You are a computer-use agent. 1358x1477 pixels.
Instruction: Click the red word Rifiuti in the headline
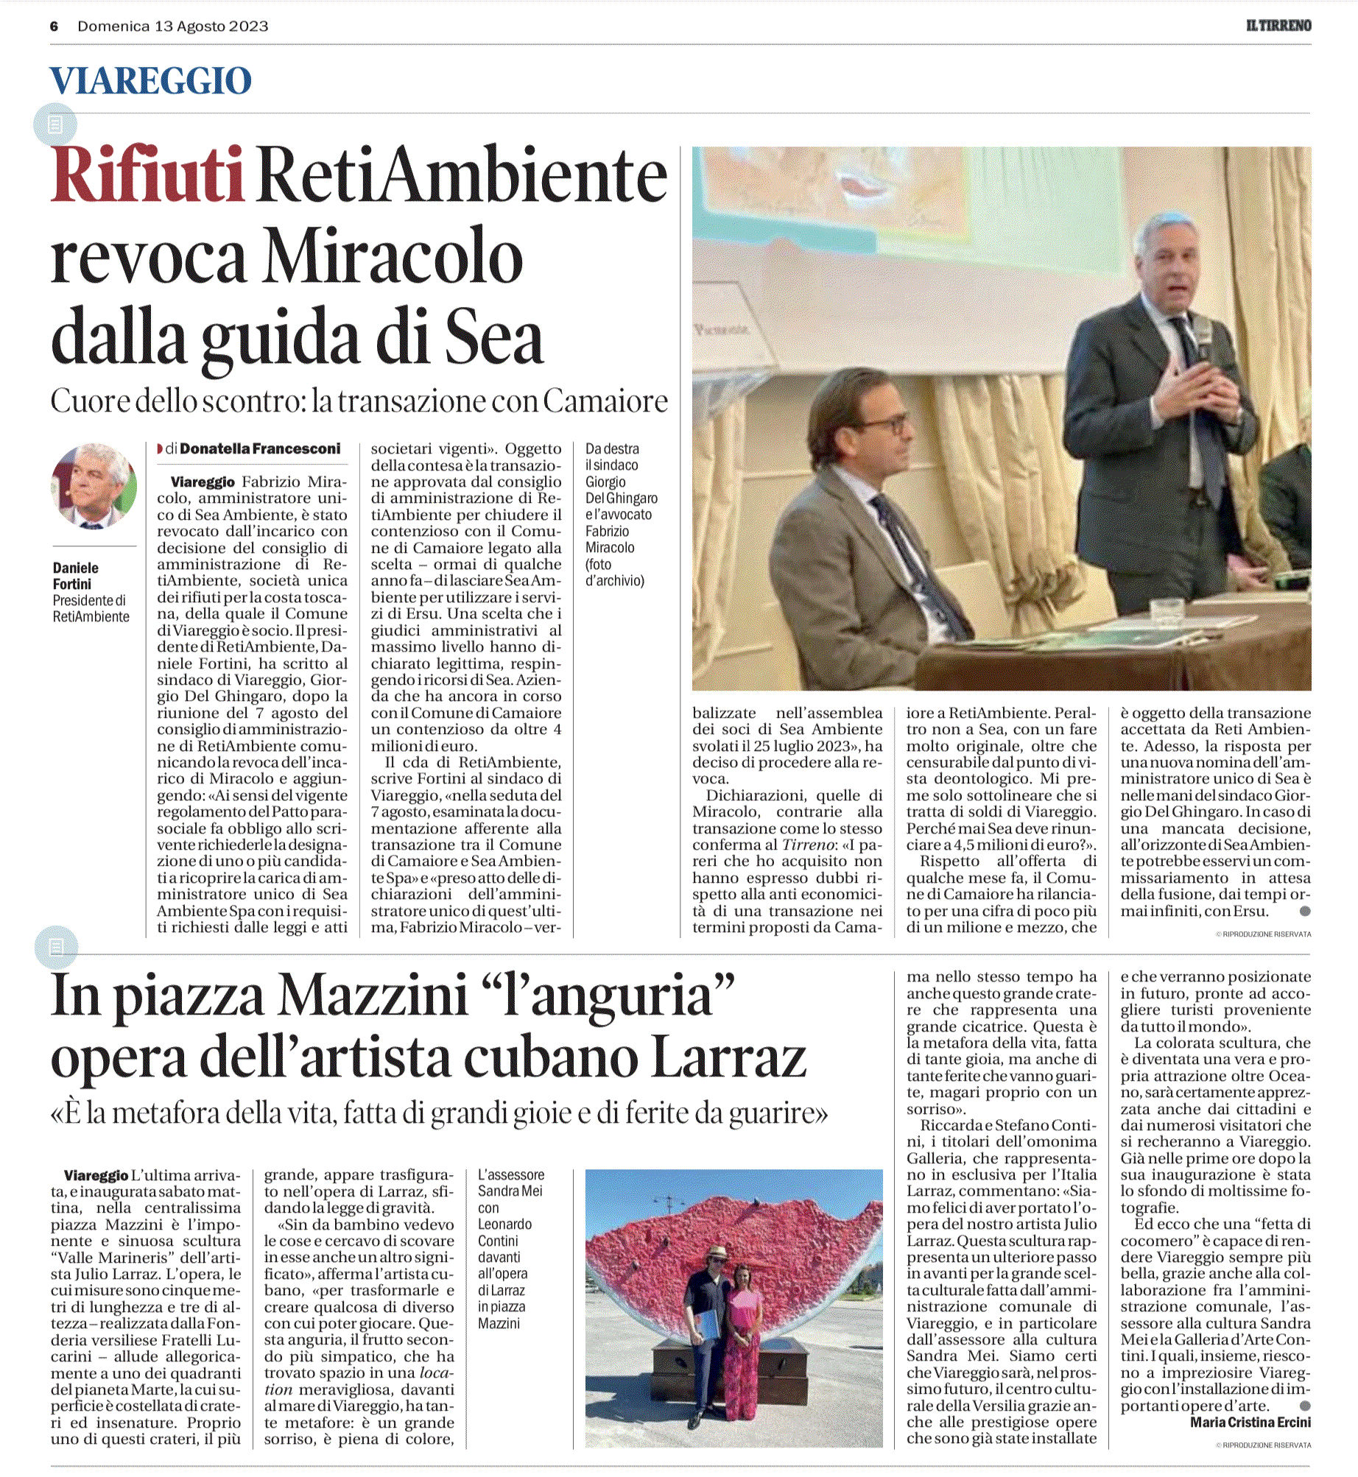click(x=147, y=176)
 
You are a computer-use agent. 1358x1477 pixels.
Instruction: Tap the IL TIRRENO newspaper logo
click(x=1278, y=26)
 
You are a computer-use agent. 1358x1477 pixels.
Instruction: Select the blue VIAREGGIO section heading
click(x=151, y=80)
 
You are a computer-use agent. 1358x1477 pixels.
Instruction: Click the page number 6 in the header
click(x=54, y=27)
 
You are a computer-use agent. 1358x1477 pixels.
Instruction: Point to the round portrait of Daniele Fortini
click(x=94, y=486)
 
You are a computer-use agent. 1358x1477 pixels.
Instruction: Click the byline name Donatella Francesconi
click(x=260, y=448)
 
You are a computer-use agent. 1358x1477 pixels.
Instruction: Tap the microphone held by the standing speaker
click(x=1201, y=335)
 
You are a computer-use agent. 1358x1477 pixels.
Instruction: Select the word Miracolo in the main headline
click(x=394, y=258)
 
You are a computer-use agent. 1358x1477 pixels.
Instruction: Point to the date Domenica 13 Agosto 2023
click(x=173, y=27)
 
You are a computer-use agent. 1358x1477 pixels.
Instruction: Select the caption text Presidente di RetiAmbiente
click(x=91, y=608)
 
